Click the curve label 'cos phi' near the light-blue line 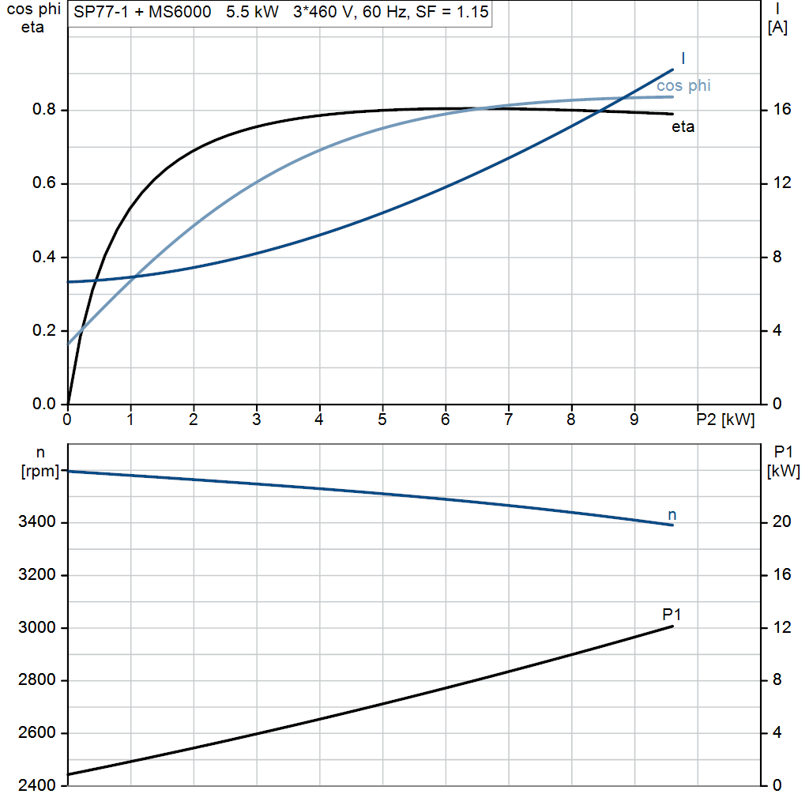click(x=683, y=85)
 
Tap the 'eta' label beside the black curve click(x=683, y=126)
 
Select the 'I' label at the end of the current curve click(x=683, y=58)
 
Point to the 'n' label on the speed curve click(x=672, y=515)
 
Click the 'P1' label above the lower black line click(x=672, y=614)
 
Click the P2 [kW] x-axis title click(x=725, y=420)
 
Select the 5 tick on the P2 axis click(x=382, y=420)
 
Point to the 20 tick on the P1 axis click(x=781, y=523)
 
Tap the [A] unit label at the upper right click(x=777, y=28)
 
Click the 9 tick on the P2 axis click(x=634, y=420)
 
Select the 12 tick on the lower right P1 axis click(x=781, y=628)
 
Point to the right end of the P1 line click(x=673, y=626)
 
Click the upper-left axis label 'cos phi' click(x=32, y=10)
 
